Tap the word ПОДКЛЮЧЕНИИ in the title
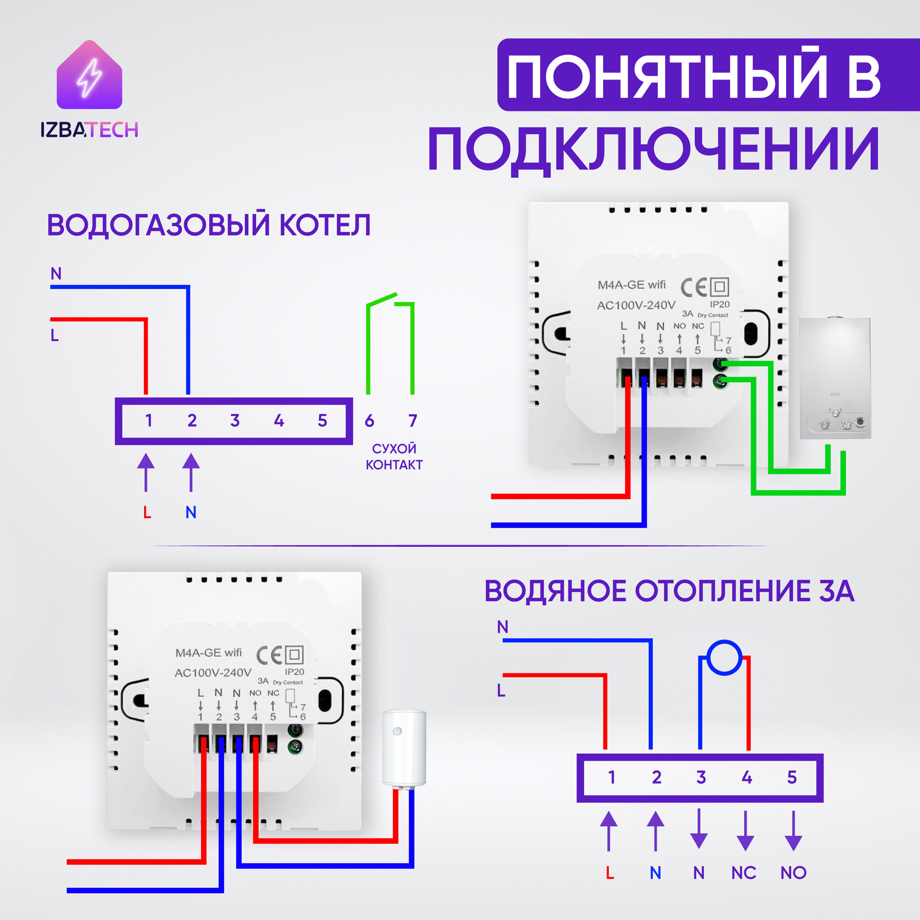point(653,149)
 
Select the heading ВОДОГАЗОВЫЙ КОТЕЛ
point(208,225)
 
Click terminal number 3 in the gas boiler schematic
point(235,420)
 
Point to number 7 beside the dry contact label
point(412,420)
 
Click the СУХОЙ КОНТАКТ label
point(394,456)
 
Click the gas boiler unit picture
point(835,378)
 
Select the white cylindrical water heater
point(404,748)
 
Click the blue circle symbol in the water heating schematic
point(724,657)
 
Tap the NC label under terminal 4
point(744,872)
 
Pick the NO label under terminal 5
point(793,872)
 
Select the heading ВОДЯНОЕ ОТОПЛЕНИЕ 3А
point(669,591)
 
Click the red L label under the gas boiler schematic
point(147,512)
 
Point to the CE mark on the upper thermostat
point(693,287)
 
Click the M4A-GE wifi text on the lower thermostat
point(208,652)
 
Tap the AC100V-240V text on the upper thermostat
point(636,305)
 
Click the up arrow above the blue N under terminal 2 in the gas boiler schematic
point(191,472)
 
